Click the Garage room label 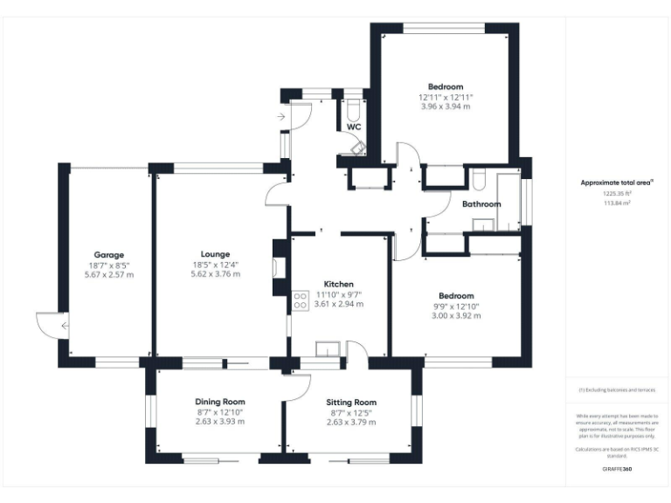[x=109, y=254]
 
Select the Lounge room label [x=216, y=254]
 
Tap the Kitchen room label [x=338, y=285]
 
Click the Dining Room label [x=219, y=401]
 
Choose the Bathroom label [x=481, y=204]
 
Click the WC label [x=354, y=127]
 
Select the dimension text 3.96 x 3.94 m [x=445, y=107]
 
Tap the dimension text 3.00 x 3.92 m [x=456, y=315]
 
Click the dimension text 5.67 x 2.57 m [x=109, y=274]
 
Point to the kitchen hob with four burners [x=300, y=300]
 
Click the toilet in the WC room [x=353, y=111]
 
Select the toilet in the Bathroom [x=479, y=181]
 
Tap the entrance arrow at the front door [x=280, y=116]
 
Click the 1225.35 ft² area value [x=617, y=193]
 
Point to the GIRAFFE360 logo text [x=617, y=469]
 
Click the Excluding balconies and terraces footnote [x=617, y=390]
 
